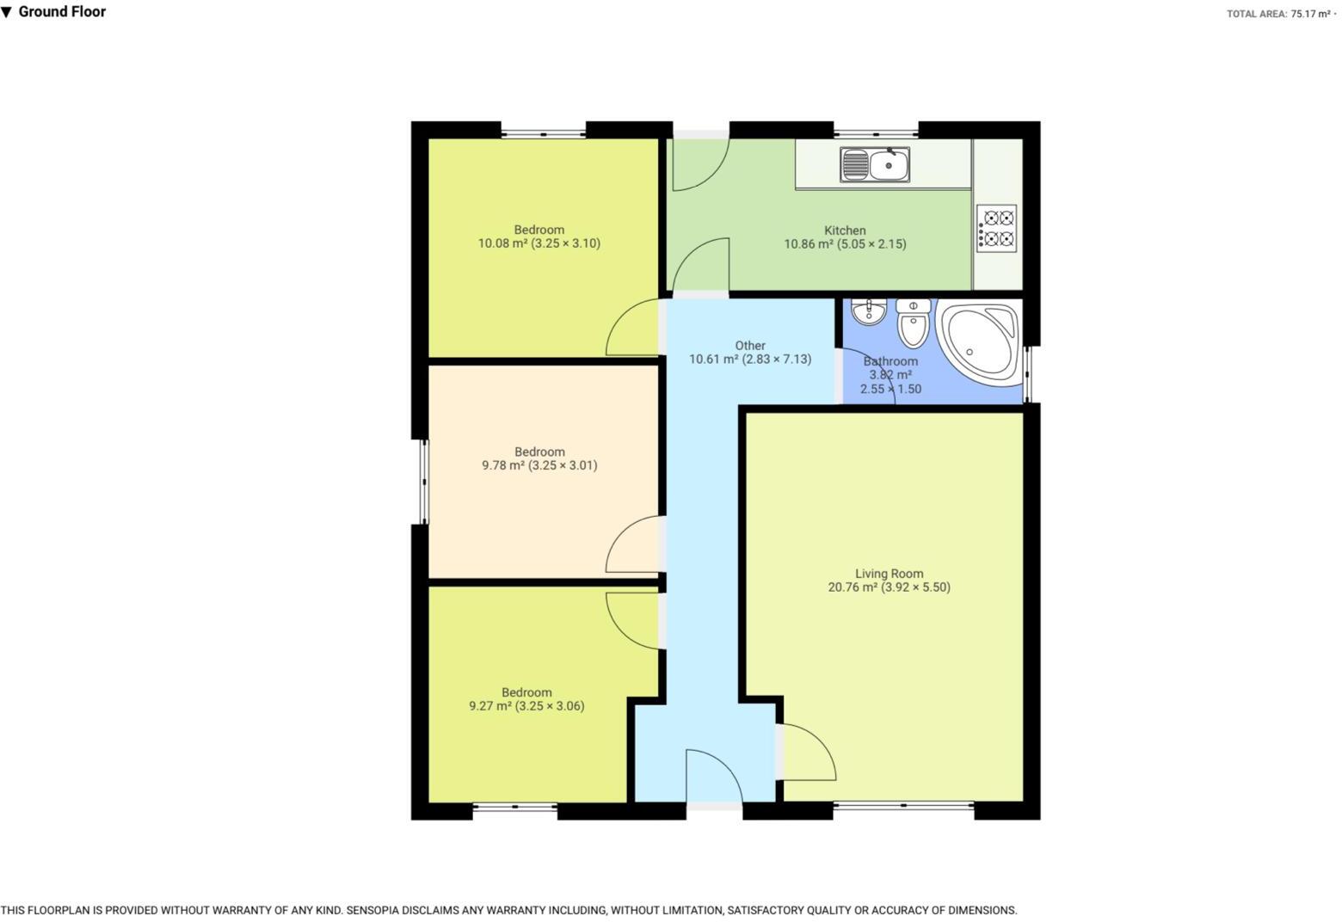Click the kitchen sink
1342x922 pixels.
[x=875, y=164]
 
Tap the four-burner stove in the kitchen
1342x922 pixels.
[x=996, y=228]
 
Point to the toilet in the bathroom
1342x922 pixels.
[x=913, y=323]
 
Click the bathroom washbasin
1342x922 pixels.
[x=869, y=310]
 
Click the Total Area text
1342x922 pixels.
[x=1279, y=14]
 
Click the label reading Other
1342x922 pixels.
[x=750, y=346]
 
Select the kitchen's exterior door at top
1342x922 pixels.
[x=699, y=161]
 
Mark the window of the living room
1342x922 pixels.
[x=903, y=806]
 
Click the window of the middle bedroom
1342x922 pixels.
[x=423, y=482]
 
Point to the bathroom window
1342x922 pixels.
[x=1028, y=375]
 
